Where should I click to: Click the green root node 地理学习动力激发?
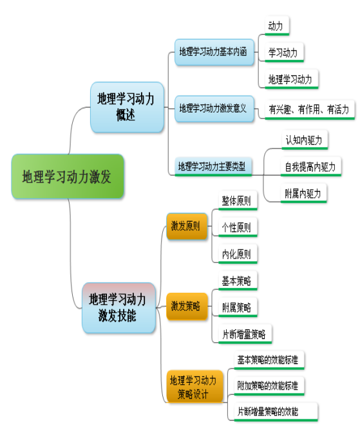tap(68, 176)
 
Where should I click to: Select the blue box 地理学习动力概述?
tap(127, 107)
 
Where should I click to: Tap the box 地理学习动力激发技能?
tap(119, 308)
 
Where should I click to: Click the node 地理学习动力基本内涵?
tap(214, 52)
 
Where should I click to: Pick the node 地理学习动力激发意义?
tap(214, 109)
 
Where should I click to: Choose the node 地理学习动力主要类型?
tap(213, 167)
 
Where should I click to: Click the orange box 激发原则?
tap(187, 226)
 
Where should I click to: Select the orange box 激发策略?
tap(187, 306)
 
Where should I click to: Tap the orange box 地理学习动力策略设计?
tap(195, 386)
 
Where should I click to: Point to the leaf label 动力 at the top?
tap(277, 26)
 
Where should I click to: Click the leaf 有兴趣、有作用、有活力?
tap(310, 110)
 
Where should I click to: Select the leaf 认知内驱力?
tap(305, 140)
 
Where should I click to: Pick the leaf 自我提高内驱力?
tap(311, 167)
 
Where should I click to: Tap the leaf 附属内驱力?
tap(303, 194)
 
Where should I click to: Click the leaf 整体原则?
tap(238, 201)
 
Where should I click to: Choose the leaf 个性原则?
tap(238, 228)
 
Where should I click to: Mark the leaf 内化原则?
tap(238, 254)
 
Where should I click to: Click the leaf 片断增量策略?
tap(245, 334)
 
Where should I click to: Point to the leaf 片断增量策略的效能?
tap(276, 412)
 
